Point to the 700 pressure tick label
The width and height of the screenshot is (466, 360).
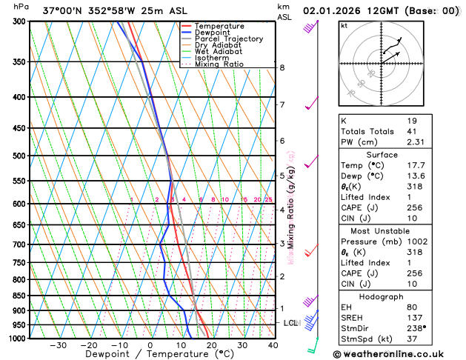[21, 244]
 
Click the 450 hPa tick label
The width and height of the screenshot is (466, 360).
[21, 129]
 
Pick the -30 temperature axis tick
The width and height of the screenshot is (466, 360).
[58, 345]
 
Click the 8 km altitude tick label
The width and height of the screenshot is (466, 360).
[282, 68]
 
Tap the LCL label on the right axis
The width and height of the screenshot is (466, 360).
[290, 323]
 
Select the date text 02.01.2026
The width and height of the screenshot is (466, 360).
[334, 11]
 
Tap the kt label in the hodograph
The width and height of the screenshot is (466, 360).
[344, 26]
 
